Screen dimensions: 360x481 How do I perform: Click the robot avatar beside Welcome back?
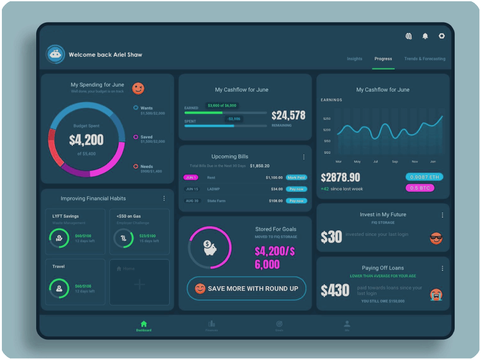(55, 55)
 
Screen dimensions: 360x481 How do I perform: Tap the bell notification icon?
(425, 36)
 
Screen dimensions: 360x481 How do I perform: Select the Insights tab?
(355, 59)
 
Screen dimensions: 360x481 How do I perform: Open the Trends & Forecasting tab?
(425, 59)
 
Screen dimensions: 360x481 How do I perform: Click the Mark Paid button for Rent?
(296, 178)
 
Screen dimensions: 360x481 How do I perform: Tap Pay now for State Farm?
(296, 201)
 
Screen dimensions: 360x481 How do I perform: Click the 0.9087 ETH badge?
(424, 177)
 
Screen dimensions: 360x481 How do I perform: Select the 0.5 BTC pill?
(420, 188)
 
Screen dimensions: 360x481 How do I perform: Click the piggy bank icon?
(209, 247)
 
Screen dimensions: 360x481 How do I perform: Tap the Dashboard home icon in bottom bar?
(144, 324)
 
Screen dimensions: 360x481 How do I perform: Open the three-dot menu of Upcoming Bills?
(303, 157)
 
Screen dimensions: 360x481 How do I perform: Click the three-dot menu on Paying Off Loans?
(442, 268)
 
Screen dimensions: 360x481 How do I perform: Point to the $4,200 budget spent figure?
(86, 140)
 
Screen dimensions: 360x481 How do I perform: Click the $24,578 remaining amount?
(288, 116)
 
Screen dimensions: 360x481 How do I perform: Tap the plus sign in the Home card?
(140, 284)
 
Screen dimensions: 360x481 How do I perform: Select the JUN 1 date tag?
(191, 178)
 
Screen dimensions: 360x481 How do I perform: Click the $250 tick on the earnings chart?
(327, 118)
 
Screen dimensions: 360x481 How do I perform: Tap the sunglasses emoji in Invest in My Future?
(436, 238)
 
